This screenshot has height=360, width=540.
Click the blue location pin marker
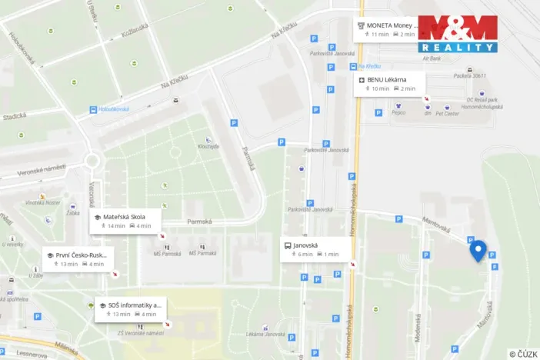(478, 250)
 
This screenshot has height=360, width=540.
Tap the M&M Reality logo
(458, 34)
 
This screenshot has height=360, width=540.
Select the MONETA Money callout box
(388, 29)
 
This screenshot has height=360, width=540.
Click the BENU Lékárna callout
(390, 84)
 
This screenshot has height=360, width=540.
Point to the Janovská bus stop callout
(317, 249)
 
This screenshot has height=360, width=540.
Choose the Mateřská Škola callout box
(128, 221)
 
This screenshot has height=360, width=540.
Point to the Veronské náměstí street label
(43, 169)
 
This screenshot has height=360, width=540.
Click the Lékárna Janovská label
(266, 334)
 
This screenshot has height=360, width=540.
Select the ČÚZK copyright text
(523, 354)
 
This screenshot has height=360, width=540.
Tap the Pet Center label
(447, 113)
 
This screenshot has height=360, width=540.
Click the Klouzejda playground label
(208, 145)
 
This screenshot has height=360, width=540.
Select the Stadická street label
(14, 116)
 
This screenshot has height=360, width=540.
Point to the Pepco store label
(398, 112)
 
